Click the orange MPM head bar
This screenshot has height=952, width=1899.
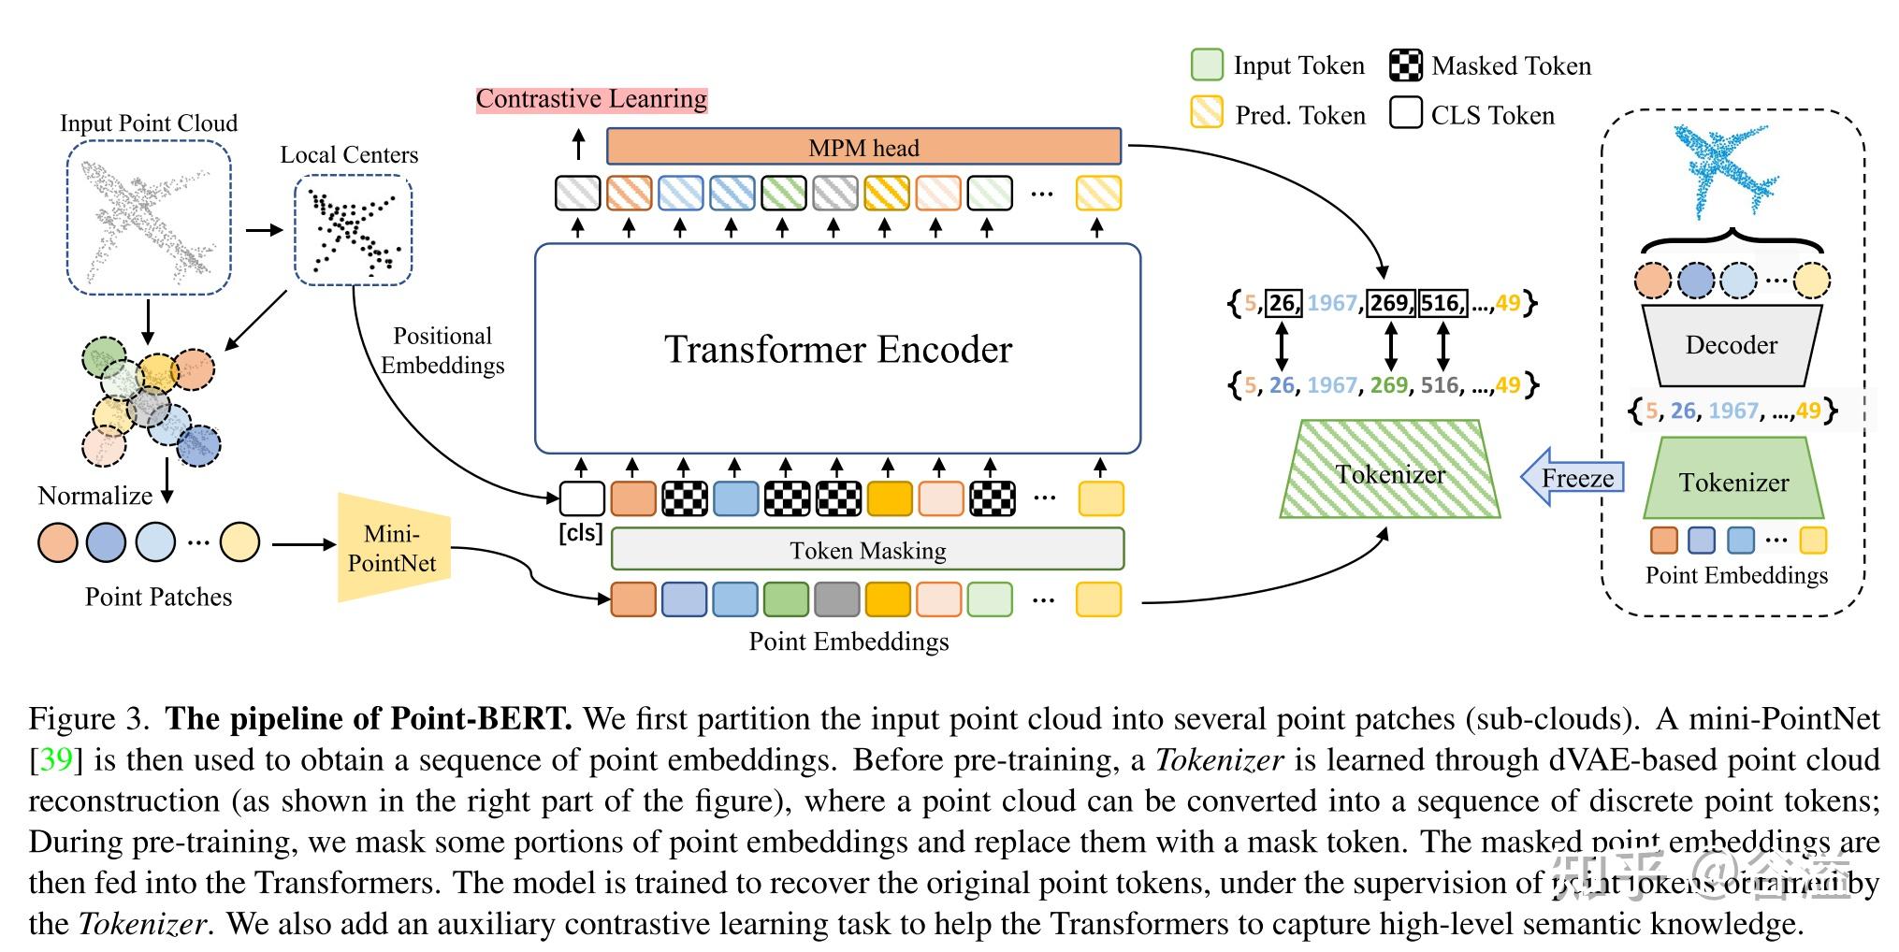[863, 147]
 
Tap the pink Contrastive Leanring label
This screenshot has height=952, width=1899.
[591, 99]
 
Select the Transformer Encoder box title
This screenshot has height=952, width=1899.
[837, 350]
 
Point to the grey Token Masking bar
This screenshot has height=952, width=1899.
[867, 550]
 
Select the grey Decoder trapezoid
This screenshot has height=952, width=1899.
[1731, 346]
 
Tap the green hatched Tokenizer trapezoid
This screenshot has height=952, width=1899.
[1390, 473]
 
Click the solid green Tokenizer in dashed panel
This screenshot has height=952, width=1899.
[1733, 482]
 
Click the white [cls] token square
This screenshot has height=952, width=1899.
[582, 498]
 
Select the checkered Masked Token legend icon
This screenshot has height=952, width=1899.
[1405, 65]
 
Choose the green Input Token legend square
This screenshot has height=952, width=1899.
[1207, 65]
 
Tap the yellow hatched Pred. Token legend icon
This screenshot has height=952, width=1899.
[1207, 113]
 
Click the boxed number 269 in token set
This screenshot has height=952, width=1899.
[1390, 303]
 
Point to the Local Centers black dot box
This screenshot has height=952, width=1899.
[353, 230]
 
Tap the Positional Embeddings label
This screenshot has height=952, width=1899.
[442, 351]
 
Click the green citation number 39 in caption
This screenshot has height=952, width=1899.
[56, 759]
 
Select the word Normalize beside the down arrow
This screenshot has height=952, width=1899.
[94, 496]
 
